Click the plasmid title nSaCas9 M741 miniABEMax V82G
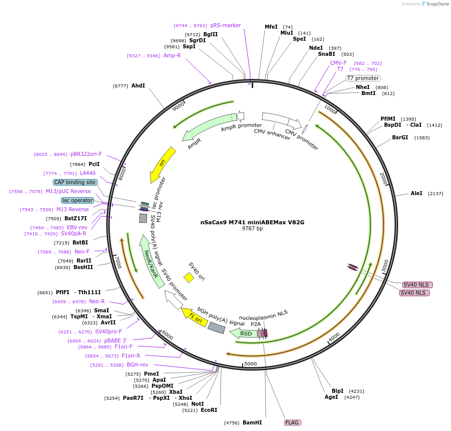pyautogui.click(x=252, y=222)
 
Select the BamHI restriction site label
pyautogui.click(x=252, y=423)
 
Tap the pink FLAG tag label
pyautogui.click(x=292, y=423)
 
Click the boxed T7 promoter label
pyautogui.click(x=363, y=78)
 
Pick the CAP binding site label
pyautogui.click(x=75, y=182)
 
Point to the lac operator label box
pyautogui.click(x=78, y=200)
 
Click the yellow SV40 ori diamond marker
pyautogui.click(x=189, y=278)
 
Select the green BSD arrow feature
pyautogui.click(x=246, y=333)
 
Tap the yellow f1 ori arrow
pyautogui.click(x=194, y=317)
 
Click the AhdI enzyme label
pyautogui.click(x=138, y=86)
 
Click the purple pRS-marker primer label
pyautogui.click(x=225, y=25)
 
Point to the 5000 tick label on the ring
pyautogui.click(x=250, y=364)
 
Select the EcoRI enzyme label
pyautogui.click(x=209, y=410)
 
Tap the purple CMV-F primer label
pyautogui.click(x=338, y=63)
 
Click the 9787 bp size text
pyautogui.click(x=252, y=229)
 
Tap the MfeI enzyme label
pyautogui.click(x=271, y=27)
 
